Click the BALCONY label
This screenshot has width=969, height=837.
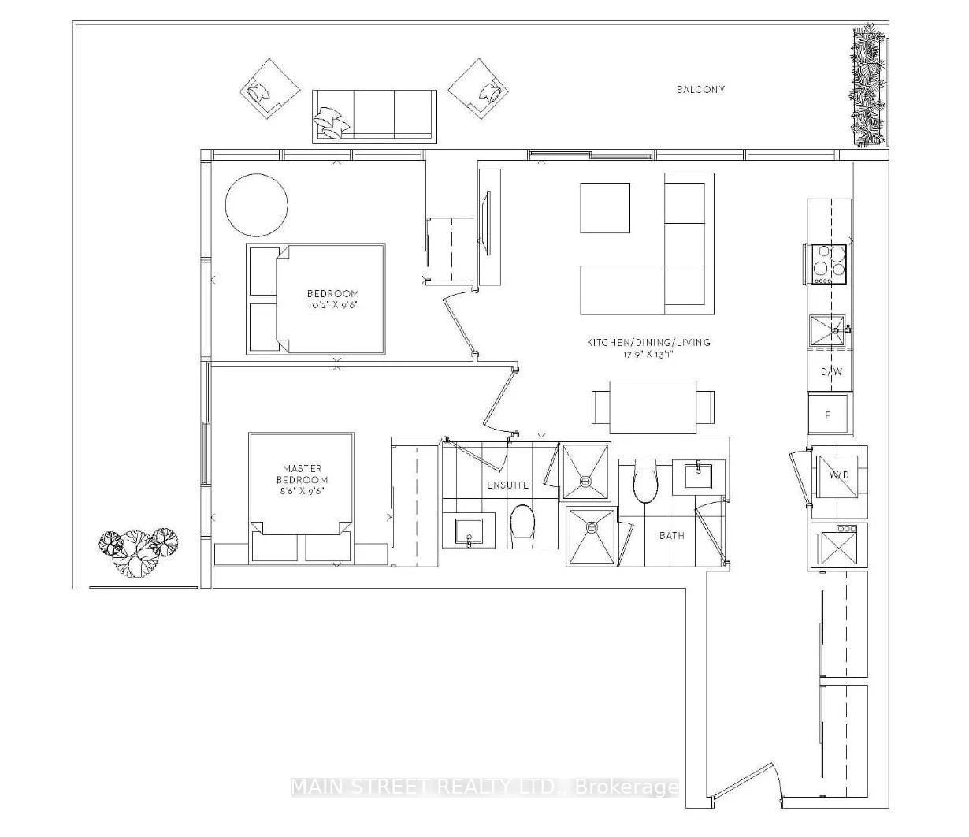700,90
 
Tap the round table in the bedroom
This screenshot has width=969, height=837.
257,206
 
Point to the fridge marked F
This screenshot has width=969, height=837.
828,415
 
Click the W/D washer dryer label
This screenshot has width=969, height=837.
839,474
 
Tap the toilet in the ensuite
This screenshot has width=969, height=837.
522,525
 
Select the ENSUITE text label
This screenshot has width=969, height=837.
507,485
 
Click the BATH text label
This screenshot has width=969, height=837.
672,535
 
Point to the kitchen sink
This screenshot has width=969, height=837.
827,332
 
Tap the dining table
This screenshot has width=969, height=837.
653,407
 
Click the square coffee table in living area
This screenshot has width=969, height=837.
605,208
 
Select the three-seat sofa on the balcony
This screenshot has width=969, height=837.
374,117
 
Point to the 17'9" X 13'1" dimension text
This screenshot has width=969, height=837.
649,355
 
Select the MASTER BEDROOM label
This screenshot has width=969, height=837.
302,474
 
